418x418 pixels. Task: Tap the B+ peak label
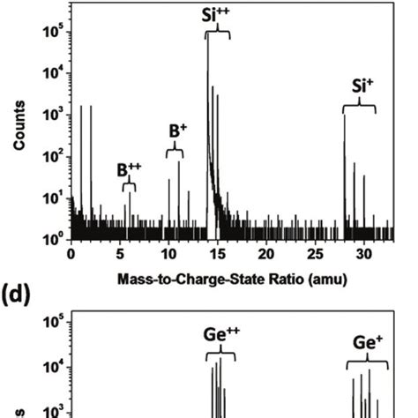coord(175,132)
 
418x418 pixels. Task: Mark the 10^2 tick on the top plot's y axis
coord(51,157)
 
